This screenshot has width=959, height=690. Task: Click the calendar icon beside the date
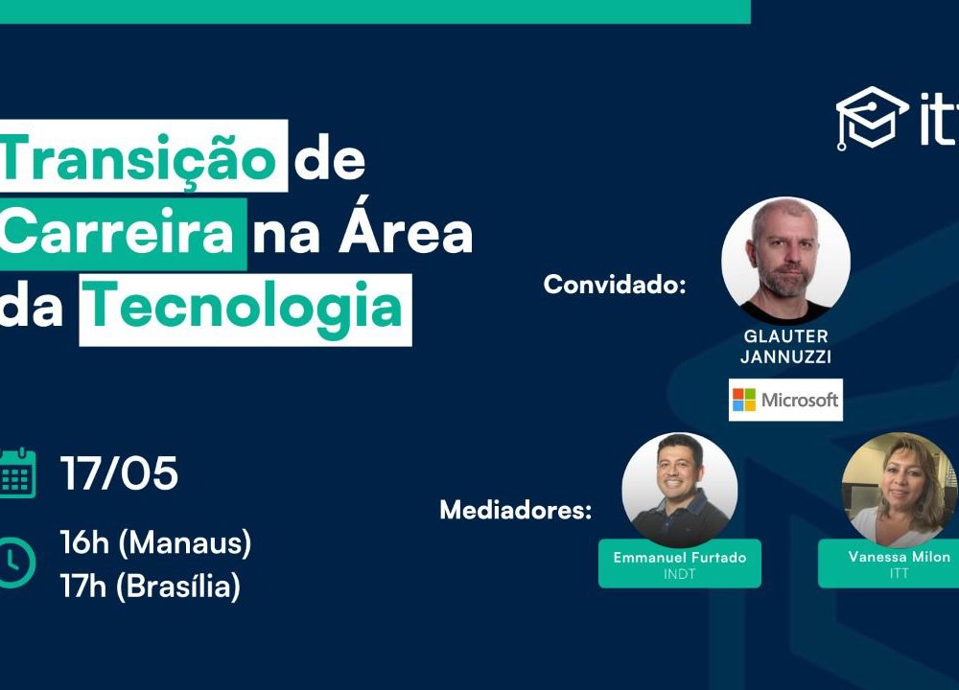pos(17,473)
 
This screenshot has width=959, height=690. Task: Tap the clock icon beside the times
pos(16,563)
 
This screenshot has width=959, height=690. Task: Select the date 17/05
pos(119,473)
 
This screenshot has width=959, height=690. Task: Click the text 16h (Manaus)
pos(156,542)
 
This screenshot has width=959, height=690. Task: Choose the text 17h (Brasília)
pos(151,586)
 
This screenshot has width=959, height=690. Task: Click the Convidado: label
pos(615,285)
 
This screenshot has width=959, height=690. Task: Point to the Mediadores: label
pos(516,510)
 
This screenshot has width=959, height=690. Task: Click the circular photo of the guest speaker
pos(786,261)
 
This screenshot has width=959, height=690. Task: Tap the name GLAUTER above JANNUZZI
pos(786,336)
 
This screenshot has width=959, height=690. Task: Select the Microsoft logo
pos(786,400)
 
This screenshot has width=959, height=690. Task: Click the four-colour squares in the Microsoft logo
pos(744,400)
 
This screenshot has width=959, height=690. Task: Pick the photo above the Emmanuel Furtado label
pos(680,490)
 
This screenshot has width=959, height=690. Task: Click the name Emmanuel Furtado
pos(680,558)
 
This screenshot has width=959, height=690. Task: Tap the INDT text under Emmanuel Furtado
pos(680,574)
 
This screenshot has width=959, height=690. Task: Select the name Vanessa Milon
pos(900,557)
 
